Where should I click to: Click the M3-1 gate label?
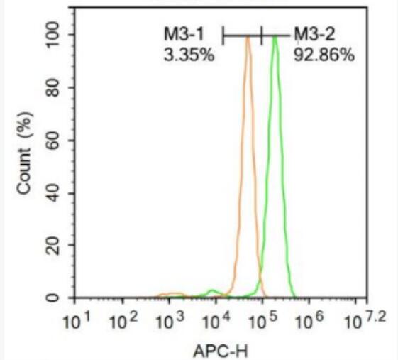[x=185, y=35]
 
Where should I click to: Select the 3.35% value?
[x=188, y=54]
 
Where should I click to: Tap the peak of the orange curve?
[x=248, y=38]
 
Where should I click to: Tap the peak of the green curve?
[x=275, y=36]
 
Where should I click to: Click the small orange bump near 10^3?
[x=170, y=294]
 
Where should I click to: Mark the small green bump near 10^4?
[x=211, y=291]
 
